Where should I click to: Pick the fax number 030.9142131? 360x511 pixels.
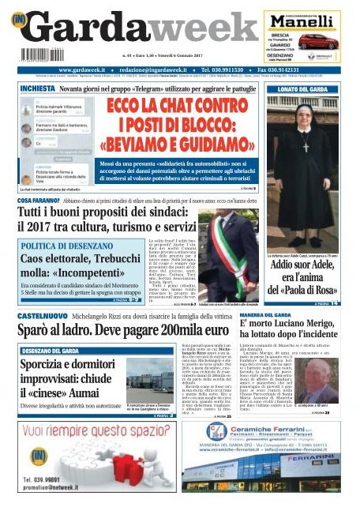[x=309, y=70]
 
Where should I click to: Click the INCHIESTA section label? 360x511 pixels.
[x=38, y=89]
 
